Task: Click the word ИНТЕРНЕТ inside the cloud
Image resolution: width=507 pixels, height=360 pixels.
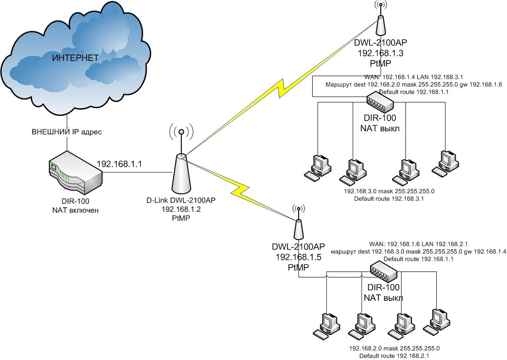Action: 75,58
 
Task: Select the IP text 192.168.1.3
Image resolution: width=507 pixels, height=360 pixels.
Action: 380,53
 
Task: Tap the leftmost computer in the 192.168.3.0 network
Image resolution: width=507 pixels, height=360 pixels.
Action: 318,167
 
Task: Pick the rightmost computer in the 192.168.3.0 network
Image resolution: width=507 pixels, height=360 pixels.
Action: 444,163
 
